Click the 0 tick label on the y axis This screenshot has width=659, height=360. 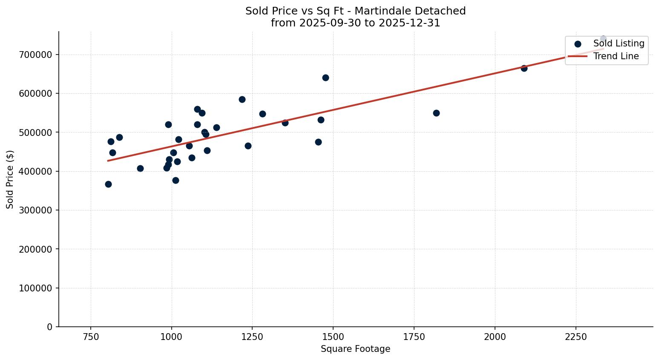point(50,327)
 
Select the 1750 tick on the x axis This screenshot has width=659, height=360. point(414,337)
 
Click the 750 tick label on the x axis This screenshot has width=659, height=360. point(91,337)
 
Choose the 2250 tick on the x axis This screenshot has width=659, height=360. point(576,337)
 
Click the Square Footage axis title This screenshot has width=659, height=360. point(355,349)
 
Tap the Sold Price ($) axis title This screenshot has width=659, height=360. point(10,179)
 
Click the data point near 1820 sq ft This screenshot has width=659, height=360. point(436,113)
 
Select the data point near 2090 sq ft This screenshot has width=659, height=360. point(524,68)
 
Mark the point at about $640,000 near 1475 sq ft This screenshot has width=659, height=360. point(325,78)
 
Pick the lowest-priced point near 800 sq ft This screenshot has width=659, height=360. point(108,184)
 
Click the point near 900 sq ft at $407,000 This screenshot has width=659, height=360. point(140,168)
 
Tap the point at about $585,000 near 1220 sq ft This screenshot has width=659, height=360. point(242,99)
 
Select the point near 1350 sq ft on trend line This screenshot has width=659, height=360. point(285,123)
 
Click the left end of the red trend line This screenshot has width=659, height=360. point(108,161)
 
